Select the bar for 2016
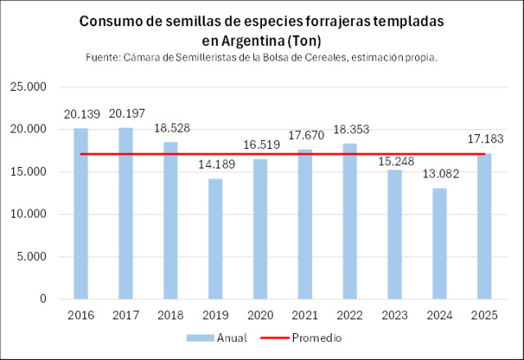click(x=81, y=214)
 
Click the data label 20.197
click(x=125, y=113)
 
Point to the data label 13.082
click(x=440, y=174)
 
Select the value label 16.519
click(x=260, y=145)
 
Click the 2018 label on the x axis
click(x=170, y=316)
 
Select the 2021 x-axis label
click(x=305, y=316)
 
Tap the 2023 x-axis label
click(x=395, y=316)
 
